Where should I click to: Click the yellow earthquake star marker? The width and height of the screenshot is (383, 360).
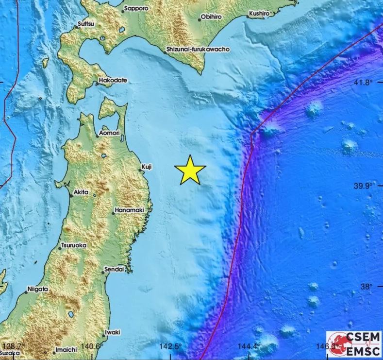point(190,170)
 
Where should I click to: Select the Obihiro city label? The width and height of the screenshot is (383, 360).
point(212,17)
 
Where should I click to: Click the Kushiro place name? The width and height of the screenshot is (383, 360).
point(259,14)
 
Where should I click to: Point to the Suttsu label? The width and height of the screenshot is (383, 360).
point(86,24)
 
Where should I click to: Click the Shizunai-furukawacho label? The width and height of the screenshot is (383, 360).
point(197,49)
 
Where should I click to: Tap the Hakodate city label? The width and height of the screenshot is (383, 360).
point(113,80)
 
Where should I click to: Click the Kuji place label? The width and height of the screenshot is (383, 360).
point(147,167)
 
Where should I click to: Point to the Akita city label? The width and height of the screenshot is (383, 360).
point(81,193)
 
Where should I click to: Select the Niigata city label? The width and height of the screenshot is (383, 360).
point(37,289)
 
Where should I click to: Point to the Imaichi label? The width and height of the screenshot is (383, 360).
point(67,349)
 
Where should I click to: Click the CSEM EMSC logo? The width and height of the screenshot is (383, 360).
point(353,344)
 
